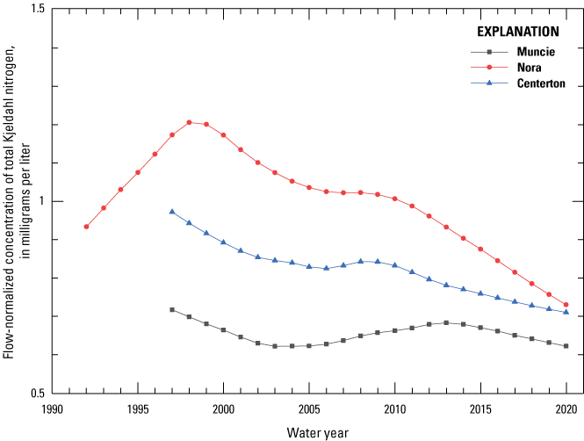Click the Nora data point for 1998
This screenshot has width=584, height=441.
click(x=189, y=122)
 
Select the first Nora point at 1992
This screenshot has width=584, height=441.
click(x=86, y=227)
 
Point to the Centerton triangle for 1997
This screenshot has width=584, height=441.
click(x=172, y=212)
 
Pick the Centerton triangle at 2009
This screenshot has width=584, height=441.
click(x=378, y=261)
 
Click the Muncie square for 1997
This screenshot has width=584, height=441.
click(x=172, y=309)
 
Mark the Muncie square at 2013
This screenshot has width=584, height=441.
click(x=446, y=322)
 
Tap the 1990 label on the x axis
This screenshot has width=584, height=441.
click(x=52, y=408)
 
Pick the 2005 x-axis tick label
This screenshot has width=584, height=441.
click(x=309, y=408)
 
